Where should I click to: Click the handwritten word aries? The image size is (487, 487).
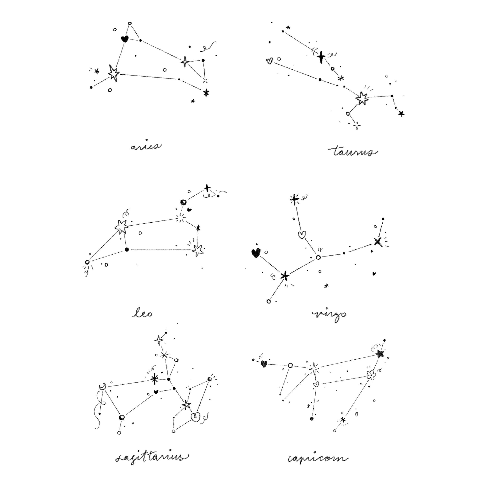(x=146, y=146)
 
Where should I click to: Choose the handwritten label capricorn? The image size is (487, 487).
(x=318, y=458)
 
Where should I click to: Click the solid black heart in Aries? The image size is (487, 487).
(x=124, y=39)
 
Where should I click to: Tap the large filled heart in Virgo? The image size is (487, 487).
(x=256, y=253)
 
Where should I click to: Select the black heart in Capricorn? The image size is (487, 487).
(x=264, y=364)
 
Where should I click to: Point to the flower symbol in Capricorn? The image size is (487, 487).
(x=371, y=375)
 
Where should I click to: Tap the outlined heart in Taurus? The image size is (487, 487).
(x=269, y=61)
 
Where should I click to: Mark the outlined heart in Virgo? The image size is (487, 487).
(x=302, y=235)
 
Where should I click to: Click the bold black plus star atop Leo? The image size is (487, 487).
(x=207, y=188)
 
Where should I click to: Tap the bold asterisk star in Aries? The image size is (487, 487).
(x=206, y=93)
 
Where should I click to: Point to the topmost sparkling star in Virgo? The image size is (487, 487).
(x=294, y=199)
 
